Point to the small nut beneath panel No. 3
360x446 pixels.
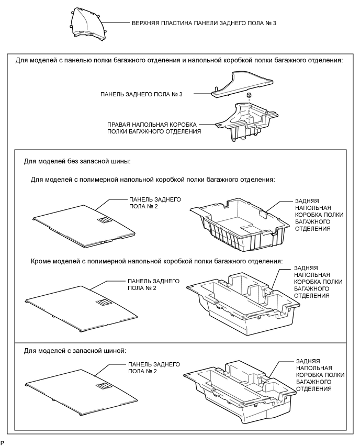coord(250,95)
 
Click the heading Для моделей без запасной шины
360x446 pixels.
coord(77,161)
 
